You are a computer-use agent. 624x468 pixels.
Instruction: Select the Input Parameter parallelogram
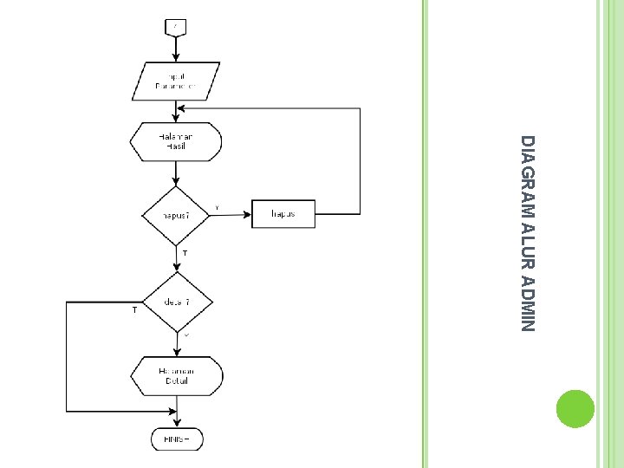click(176, 81)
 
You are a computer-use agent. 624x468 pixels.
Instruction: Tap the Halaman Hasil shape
click(176, 140)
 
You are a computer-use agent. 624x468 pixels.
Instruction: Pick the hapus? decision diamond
click(176, 213)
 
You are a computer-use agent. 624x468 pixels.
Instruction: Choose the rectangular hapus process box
click(283, 213)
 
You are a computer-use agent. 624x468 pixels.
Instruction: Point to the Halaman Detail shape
click(176, 376)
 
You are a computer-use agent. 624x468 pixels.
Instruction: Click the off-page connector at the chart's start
click(176, 28)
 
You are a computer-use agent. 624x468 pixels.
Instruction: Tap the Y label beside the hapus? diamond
click(217, 205)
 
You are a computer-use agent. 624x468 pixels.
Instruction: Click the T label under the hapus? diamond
click(185, 252)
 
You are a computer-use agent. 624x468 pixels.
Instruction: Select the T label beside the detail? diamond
click(134, 309)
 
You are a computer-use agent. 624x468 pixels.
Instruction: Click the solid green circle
click(575, 408)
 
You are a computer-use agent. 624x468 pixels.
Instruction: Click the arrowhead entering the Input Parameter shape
click(176, 58)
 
